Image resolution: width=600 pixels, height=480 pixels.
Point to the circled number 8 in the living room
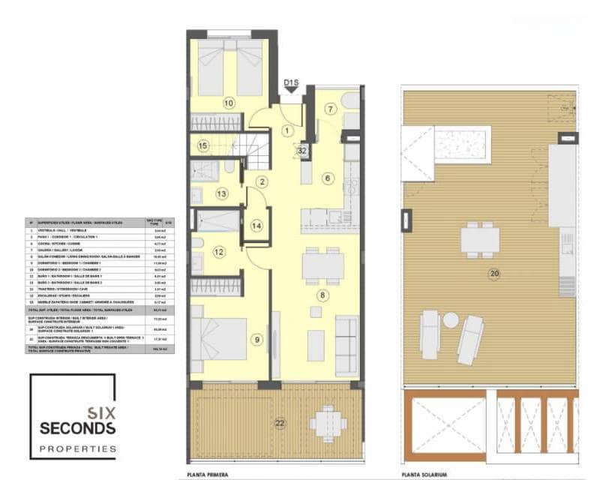322,295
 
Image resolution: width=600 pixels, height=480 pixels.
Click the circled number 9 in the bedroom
257,340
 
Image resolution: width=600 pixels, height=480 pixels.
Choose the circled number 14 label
256,225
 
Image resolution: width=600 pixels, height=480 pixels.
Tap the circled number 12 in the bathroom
219,252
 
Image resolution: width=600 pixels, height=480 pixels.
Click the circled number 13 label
221,194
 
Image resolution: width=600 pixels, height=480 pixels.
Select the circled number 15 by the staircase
202,145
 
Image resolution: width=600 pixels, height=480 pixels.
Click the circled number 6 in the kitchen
327,178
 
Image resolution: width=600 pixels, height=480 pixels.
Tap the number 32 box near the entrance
301,150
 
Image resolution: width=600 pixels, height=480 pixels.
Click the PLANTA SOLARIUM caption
424,475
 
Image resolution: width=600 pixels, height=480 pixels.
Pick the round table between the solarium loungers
450,320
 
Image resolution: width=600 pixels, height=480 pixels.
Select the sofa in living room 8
346,345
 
